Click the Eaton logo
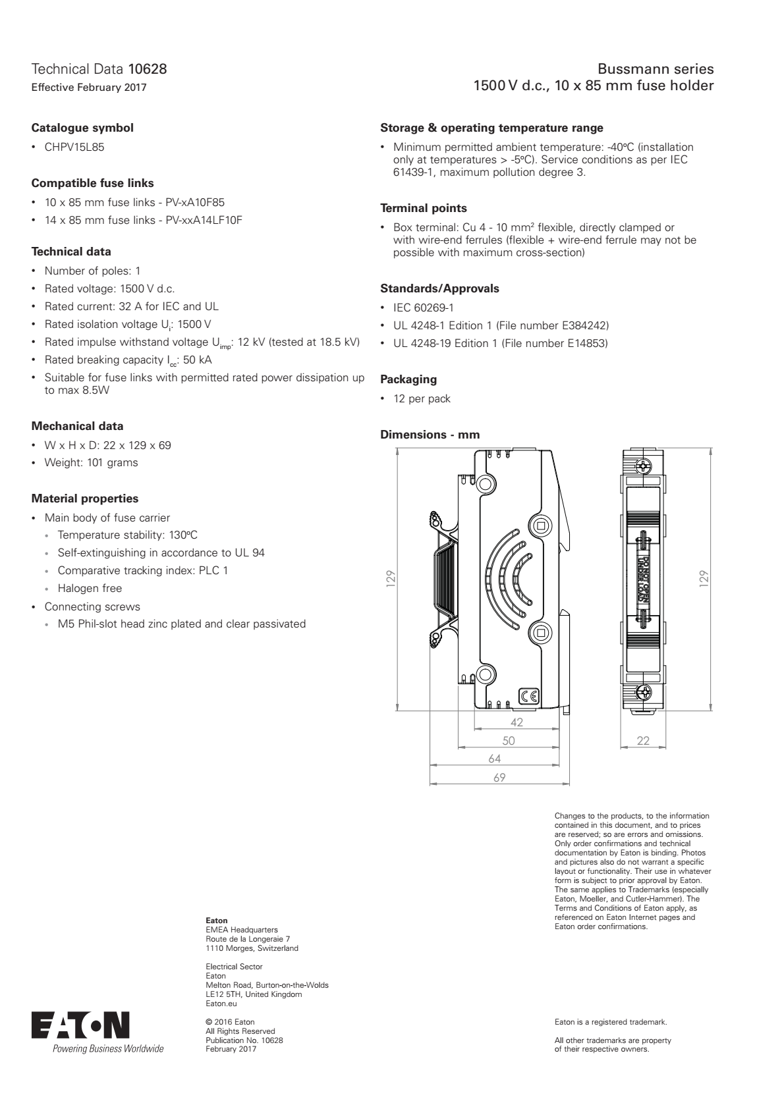(x=80, y=1025)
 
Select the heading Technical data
(x=71, y=252)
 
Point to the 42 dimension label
(x=517, y=722)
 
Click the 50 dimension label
(x=509, y=741)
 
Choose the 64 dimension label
(x=494, y=759)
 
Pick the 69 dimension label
(x=499, y=778)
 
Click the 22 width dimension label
(x=643, y=741)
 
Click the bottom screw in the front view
(x=644, y=692)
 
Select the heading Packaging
(x=408, y=379)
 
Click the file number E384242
(x=585, y=325)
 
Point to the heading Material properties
(x=85, y=498)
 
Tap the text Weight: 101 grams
(x=91, y=462)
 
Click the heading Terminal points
(x=424, y=208)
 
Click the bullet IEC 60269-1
(x=423, y=308)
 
